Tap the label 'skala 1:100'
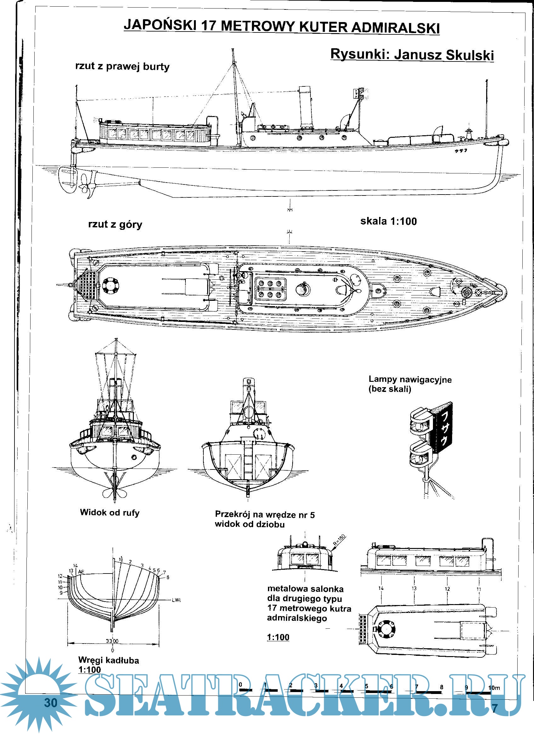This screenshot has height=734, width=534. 388,221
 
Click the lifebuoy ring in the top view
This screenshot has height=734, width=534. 111,285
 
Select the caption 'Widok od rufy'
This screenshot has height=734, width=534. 110,513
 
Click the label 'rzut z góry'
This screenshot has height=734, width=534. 115,224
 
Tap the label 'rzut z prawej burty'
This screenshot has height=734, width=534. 122,67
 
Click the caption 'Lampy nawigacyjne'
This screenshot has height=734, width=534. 410,379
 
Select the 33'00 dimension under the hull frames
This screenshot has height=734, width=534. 112,641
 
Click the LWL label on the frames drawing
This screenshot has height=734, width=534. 177,600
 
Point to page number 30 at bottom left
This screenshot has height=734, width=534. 51,703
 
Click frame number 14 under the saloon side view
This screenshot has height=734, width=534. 381,588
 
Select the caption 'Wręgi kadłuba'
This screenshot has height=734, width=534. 109,660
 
